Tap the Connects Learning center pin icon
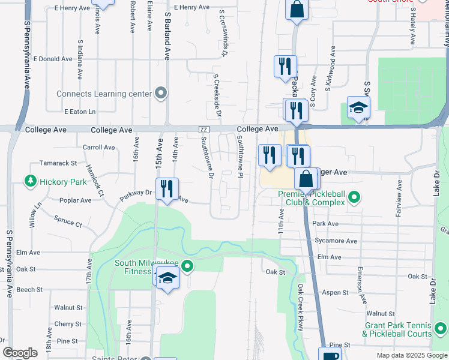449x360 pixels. (160, 93)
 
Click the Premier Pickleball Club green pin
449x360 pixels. (354, 197)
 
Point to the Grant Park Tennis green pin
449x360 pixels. (441, 329)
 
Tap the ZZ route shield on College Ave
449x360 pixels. (203, 130)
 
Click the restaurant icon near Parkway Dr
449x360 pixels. (167, 188)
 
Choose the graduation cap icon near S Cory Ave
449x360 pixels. (358, 107)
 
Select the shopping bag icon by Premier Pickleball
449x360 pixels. (306, 178)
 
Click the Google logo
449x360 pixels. (20, 353)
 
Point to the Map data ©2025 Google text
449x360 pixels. (411, 355)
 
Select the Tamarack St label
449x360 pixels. (58, 163)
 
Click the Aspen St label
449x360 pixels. (336, 292)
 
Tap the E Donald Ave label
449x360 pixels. (53, 59)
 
